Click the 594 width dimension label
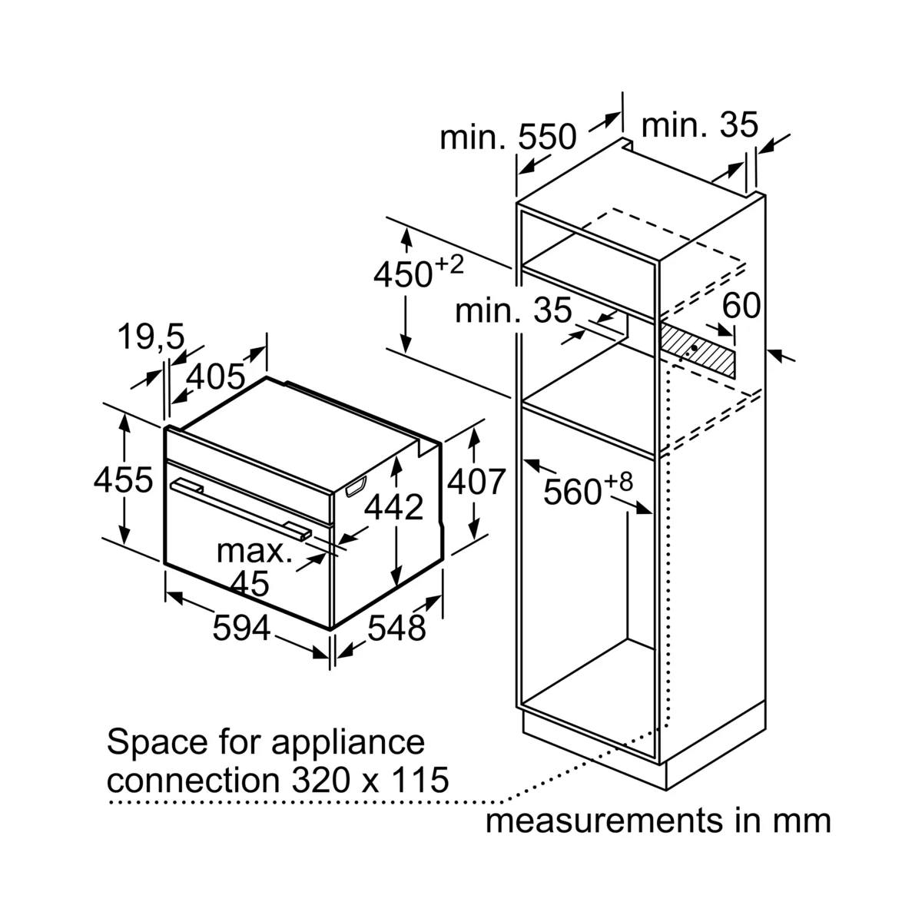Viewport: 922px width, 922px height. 241,628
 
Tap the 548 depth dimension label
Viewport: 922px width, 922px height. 396,628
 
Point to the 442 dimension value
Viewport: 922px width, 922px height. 394,506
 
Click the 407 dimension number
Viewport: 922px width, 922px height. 476,481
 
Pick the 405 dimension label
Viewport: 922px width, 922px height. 215,376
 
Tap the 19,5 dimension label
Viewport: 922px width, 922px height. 151,336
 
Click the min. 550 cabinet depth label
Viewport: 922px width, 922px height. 508,137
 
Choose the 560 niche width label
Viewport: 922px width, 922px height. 589,489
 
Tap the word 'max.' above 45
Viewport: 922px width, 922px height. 254,552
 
